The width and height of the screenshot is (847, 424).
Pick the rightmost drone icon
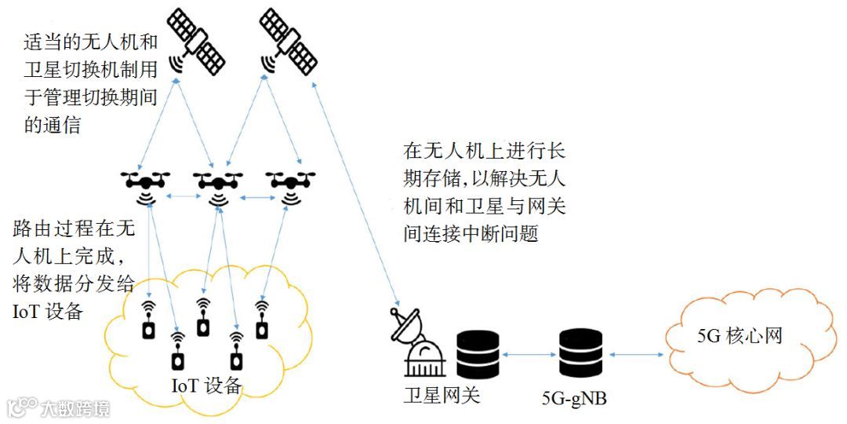click(291, 182)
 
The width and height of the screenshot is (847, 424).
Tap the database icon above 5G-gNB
click(580, 354)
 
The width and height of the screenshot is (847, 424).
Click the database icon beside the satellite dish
click(478, 354)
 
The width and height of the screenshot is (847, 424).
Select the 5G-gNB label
click(575, 400)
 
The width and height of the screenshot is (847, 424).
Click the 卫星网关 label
click(442, 394)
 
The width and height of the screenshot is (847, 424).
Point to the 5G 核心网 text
click(740, 337)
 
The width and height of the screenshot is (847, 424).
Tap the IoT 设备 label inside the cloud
click(206, 386)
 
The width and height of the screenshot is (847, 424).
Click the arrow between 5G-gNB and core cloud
click(635, 356)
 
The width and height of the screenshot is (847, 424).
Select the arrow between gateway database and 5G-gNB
click(529, 356)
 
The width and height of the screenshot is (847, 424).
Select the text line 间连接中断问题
click(471, 234)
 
